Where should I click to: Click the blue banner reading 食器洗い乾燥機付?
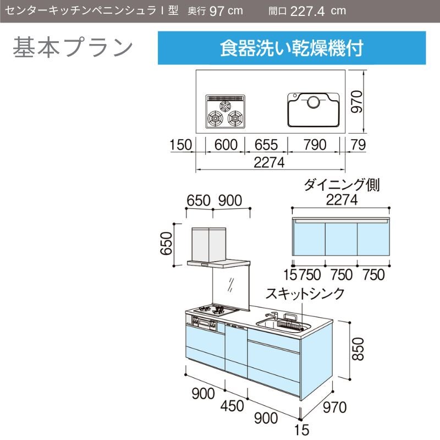pyautogui.click(x=291, y=48)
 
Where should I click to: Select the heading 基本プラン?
pyautogui.click(x=73, y=47)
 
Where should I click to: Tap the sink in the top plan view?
pyautogui.click(x=313, y=109)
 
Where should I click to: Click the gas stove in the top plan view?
pyautogui.click(x=225, y=112)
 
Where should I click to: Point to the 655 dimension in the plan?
pyautogui.click(x=266, y=145)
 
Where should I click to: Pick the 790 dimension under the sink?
pyautogui.click(x=315, y=145)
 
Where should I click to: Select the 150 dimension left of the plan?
pyautogui.click(x=181, y=145)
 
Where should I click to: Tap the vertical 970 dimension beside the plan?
pyautogui.click(x=357, y=101)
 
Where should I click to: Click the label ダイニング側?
pyautogui.click(x=342, y=185)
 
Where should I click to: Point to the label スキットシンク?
pyautogui.click(x=305, y=294)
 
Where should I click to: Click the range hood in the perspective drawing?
pyautogui.click(x=218, y=248)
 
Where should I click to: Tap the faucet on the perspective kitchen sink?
pyautogui.click(x=272, y=315)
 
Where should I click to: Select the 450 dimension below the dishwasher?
pyautogui.click(x=232, y=406)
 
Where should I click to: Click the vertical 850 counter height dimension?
pyautogui.click(x=358, y=349)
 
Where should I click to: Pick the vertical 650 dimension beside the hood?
pyautogui.click(x=166, y=244)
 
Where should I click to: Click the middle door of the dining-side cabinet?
pyautogui.click(x=341, y=239)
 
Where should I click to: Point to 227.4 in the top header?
pyautogui.click(x=307, y=12)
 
